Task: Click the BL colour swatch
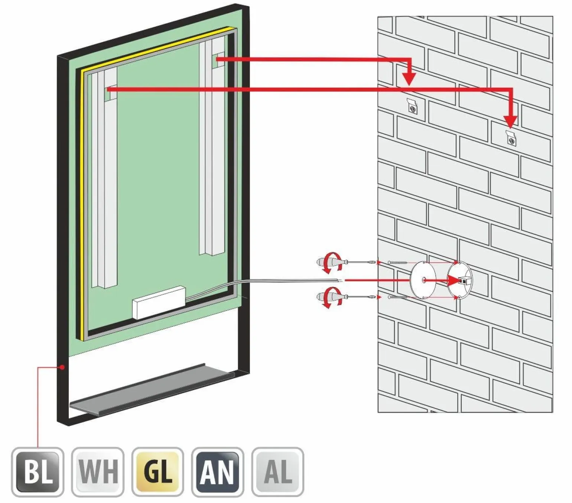click(x=38, y=472)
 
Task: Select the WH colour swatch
click(x=98, y=472)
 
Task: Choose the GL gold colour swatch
click(x=158, y=472)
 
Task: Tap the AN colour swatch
click(x=218, y=472)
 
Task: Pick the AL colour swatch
click(x=278, y=472)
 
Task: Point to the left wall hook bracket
click(x=412, y=106)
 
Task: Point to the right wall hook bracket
click(x=511, y=138)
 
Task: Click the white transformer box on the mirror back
click(x=159, y=302)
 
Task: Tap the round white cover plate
click(x=423, y=279)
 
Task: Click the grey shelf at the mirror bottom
click(x=152, y=389)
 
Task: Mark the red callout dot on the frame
click(x=62, y=367)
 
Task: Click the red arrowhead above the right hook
click(x=511, y=121)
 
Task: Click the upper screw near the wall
click(x=397, y=263)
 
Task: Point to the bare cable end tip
click(x=341, y=279)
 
